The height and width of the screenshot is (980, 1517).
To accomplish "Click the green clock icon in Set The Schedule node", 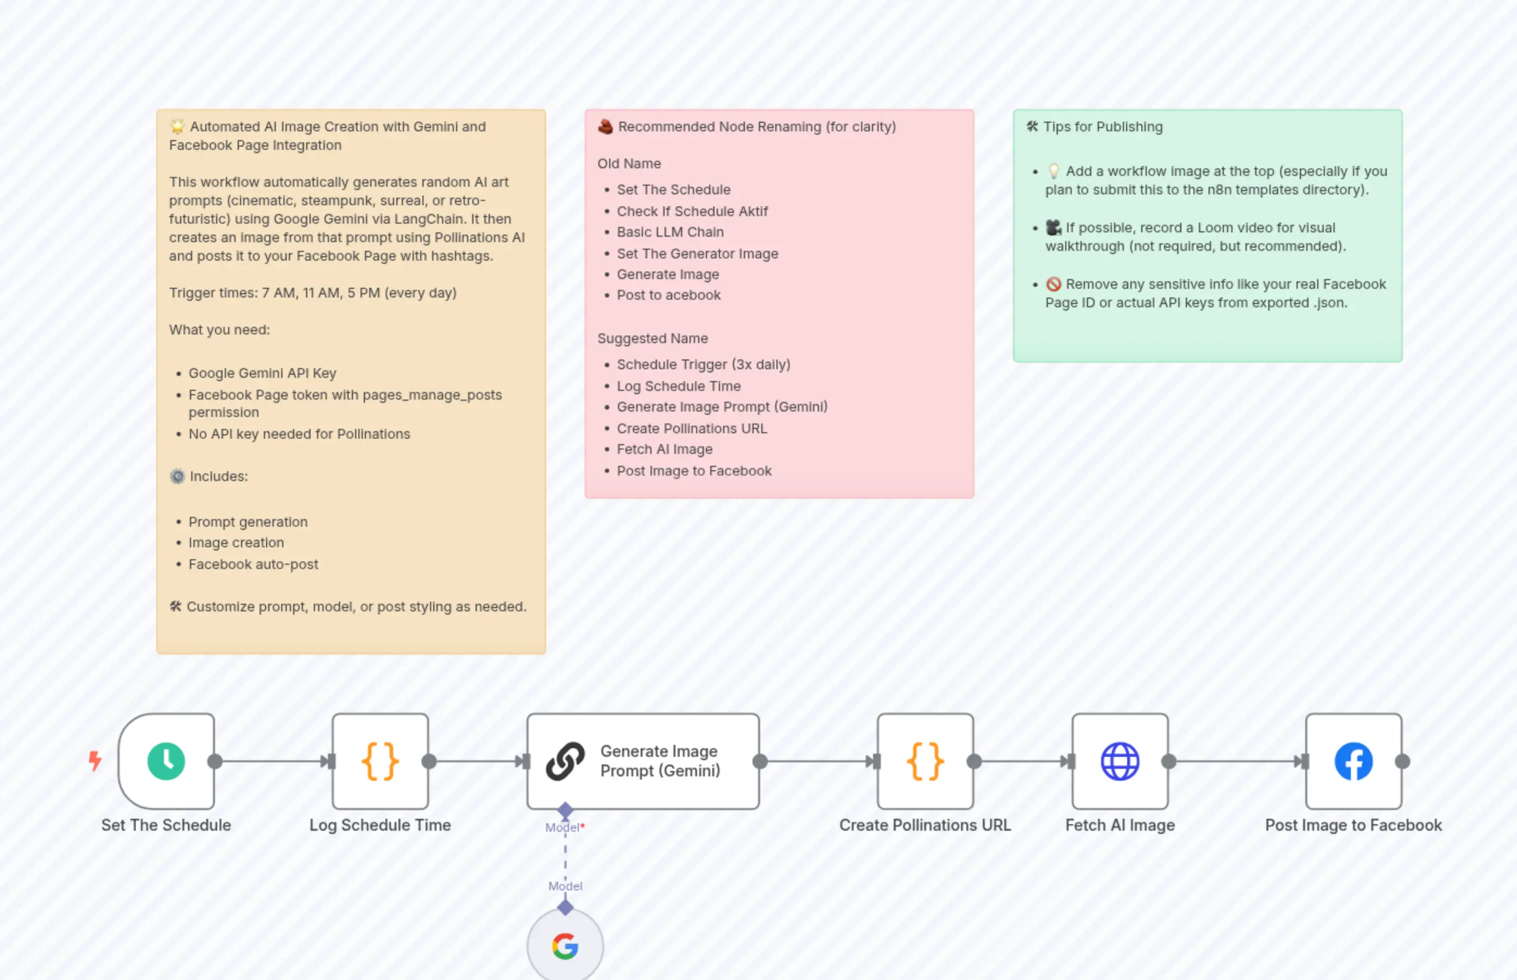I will tap(166, 761).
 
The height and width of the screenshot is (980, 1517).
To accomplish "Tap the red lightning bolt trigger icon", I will tap(95, 761).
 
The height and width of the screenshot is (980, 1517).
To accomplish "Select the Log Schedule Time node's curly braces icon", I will tap(380, 761).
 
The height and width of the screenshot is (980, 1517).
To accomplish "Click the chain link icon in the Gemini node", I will tap(565, 761).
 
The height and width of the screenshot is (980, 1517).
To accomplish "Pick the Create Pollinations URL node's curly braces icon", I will tap(925, 761).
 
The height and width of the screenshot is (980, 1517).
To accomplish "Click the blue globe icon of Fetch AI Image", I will tap(1120, 761).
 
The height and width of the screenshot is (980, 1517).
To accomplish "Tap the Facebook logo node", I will tap(1353, 761).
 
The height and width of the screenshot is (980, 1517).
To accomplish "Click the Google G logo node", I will tap(565, 946).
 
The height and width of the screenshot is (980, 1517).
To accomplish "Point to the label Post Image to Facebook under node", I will tap(1353, 825).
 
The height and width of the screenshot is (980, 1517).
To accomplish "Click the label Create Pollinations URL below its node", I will tap(925, 825).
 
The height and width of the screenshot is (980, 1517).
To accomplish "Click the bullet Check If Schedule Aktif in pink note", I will tap(692, 211).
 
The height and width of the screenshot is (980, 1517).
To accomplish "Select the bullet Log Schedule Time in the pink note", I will tap(678, 386).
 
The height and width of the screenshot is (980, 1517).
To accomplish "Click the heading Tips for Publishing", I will tap(1102, 127).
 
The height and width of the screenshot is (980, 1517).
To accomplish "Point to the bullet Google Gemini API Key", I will tap(262, 374).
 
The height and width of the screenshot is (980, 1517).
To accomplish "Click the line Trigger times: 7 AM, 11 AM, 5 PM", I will tap(312, 293).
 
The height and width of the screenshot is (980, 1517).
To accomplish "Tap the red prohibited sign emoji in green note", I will tap(1054, 284).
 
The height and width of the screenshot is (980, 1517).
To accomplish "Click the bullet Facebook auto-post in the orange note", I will tap(253, 565).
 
